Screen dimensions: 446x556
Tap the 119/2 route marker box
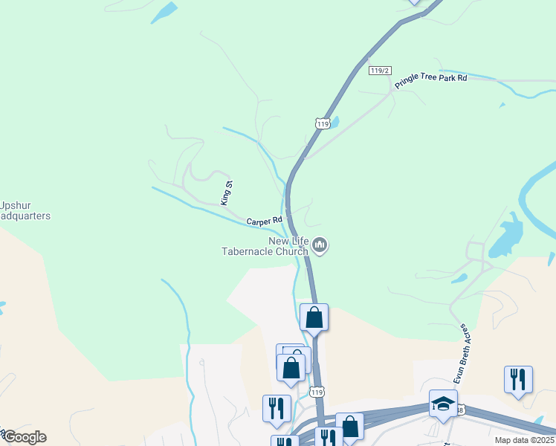(x=379, y=70)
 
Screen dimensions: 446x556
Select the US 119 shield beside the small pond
(x=321, y=123)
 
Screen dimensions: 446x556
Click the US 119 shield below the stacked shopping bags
(x=318, y=392)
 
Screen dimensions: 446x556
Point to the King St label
(x=227, y=193)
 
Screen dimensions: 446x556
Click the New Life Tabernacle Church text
(x=265, y=245)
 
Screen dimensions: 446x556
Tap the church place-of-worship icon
(x=320, y=245)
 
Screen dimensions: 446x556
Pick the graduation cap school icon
(x=443, y=404)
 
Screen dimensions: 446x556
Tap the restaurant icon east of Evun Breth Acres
(x=518, y=379)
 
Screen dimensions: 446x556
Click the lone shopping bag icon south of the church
(x=314, y=317)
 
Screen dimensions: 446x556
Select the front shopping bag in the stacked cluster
(x=291, y=368)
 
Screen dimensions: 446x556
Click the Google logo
(x=24, y=437)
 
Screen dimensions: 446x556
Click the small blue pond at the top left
(x=164, y=13)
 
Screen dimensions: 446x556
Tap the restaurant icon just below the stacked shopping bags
(x=276, y=409)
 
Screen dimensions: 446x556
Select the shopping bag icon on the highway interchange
(x=349, y=427)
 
